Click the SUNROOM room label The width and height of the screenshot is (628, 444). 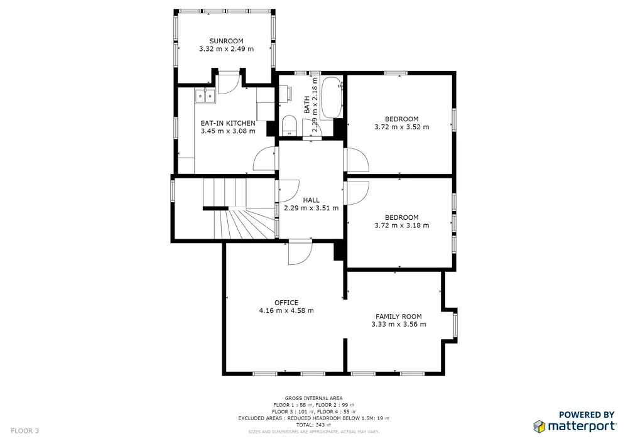coord(226,41)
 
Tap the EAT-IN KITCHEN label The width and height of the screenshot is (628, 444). coord(228,123)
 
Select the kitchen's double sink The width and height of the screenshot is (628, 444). coord(205,96)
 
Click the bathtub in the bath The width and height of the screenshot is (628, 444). coord(332,97)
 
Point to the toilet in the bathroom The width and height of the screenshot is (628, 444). coord(288,125)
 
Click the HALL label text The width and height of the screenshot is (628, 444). coord(311,200)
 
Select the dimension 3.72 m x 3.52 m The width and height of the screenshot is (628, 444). coord(402,127)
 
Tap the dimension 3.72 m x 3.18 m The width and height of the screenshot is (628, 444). coord(402,225)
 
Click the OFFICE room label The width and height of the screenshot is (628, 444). coord(286,303)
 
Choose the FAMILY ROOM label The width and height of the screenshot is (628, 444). coord(399,317)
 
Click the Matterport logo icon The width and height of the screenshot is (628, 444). coord(539,426)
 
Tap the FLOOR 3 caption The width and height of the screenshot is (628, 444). coord(25,431)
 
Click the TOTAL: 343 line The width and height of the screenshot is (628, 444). coord(313,425)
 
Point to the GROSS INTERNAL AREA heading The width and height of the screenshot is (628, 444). coord(313,398)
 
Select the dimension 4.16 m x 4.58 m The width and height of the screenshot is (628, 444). coord(286,311)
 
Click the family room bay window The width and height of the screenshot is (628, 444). coord(455,325)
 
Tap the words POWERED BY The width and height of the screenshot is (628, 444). coord(587,414)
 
